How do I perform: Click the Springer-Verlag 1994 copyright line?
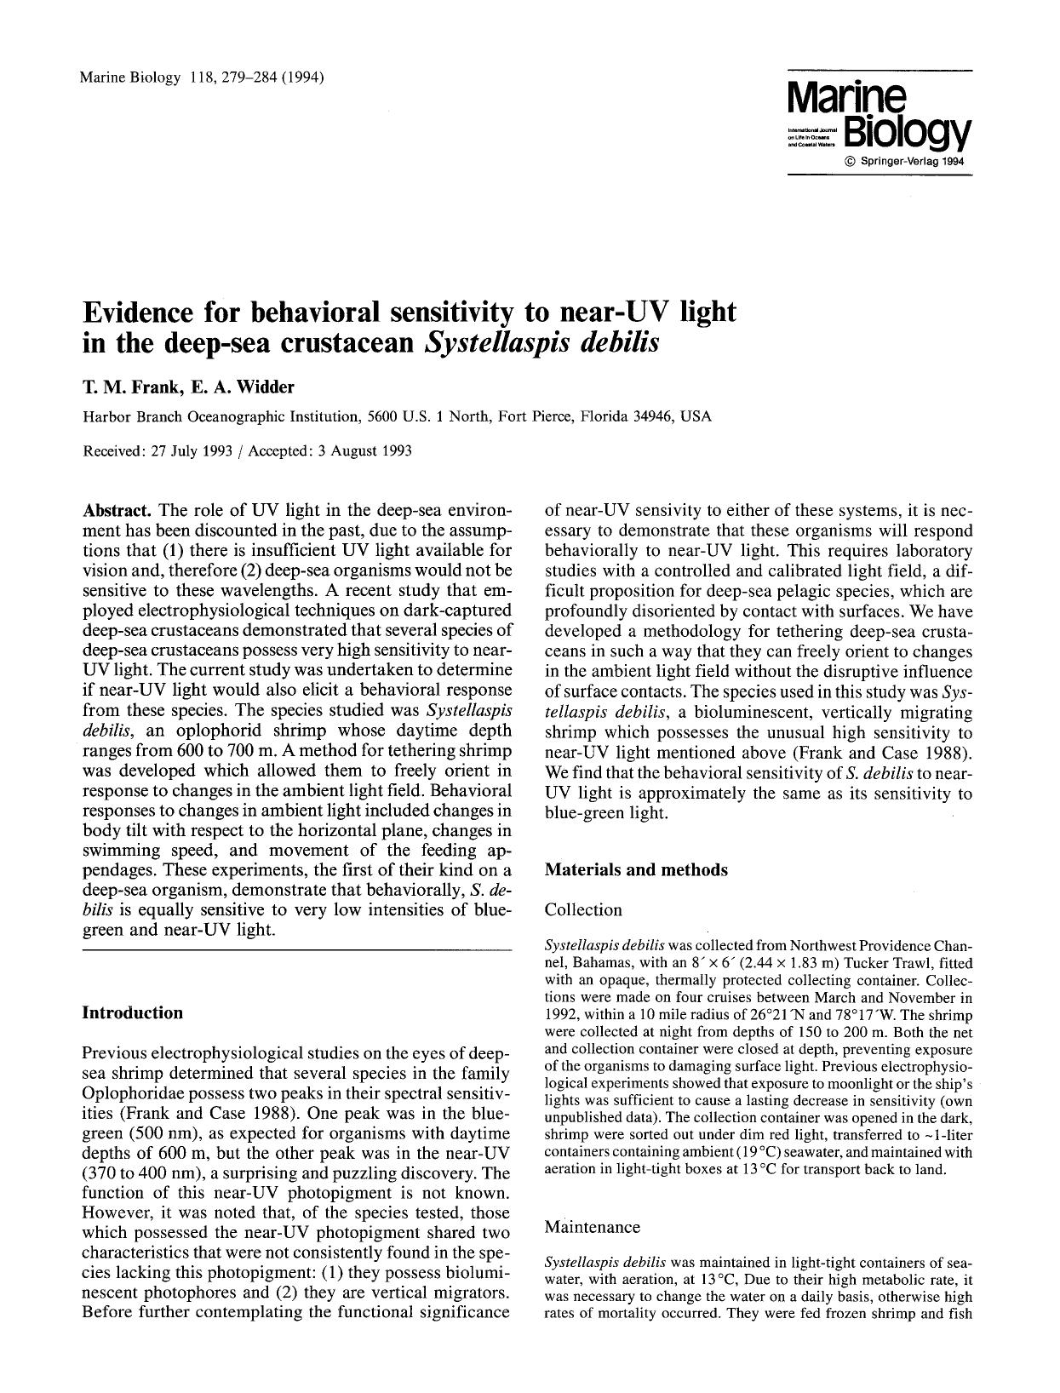[x=905, y=162]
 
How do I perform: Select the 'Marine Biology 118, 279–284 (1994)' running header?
[x=201, y=77]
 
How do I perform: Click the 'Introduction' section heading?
[x=132, y=1012]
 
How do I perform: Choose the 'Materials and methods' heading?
[x=636, y=869]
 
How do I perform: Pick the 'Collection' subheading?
[x=583, y=909]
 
